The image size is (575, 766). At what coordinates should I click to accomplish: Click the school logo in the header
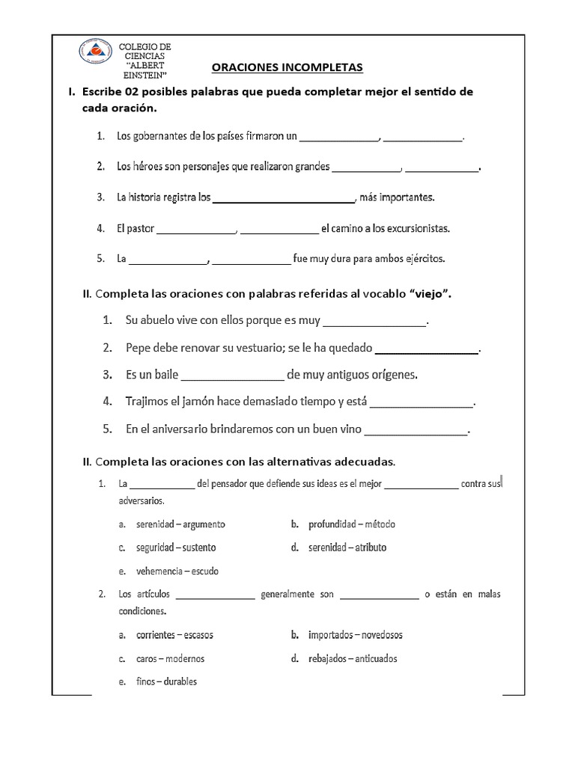[98, 55]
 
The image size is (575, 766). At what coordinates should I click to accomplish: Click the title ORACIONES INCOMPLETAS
[287, 68]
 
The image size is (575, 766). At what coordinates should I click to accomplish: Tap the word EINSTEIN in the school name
[147, 76]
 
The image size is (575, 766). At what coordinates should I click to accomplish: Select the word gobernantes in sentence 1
[159, 137]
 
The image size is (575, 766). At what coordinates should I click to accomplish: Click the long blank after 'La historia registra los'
[284, 199]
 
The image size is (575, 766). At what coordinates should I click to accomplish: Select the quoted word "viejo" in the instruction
[428, 294]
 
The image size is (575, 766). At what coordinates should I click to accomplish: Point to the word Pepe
[138, 348]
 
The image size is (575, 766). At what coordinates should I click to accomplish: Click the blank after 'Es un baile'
[233, 376]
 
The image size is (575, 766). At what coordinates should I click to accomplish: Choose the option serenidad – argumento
[180, 524]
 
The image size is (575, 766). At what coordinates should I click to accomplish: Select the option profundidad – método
[351, 524]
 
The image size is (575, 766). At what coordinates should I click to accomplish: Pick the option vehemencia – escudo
[177, 571]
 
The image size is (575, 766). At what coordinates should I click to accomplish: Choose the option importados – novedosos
[355, 635]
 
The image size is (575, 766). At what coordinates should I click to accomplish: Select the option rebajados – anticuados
[353, 659]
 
